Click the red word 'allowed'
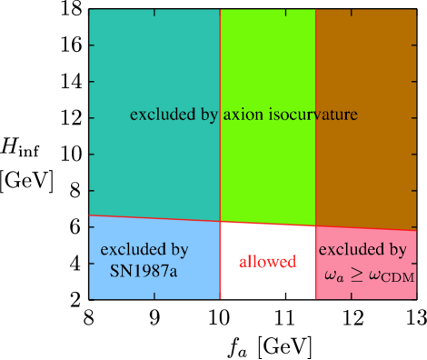(267, 262)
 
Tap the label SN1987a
(144, 270)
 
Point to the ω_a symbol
(333, 274)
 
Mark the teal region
(154, 64)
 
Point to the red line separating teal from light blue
(154, 218)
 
